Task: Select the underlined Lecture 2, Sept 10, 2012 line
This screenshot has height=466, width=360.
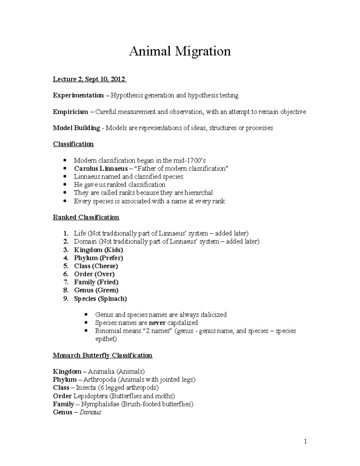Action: pyautogui.click(x=90, y=79)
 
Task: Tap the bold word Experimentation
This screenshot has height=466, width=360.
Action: pyautogui.click(x=78, y=95)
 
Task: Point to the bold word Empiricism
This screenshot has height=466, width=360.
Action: pyautogui.click(x=70, y=112)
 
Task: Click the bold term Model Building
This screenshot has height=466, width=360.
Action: pyautogui.click(x=76, y=128)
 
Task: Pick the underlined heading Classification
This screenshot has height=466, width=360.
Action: pyautogui.click(x=73, y=144)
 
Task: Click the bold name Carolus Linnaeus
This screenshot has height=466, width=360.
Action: pyautogui.click(x=101, y=169)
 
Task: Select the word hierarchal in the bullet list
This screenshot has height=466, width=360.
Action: pyautogui.click(x=198, y=193)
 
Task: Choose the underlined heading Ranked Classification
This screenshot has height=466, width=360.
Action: pyautogui.click(x=86, y=217)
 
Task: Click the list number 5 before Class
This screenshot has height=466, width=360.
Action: pyautogui.click(x=66, y=266)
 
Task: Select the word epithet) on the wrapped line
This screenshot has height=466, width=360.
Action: pyautogui.click(x=106, y=339)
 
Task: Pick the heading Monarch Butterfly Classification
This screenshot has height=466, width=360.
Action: pyautogui.click(x=103, y=356)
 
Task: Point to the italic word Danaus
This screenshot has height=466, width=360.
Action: pyautogui.click(x=90, y=412)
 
